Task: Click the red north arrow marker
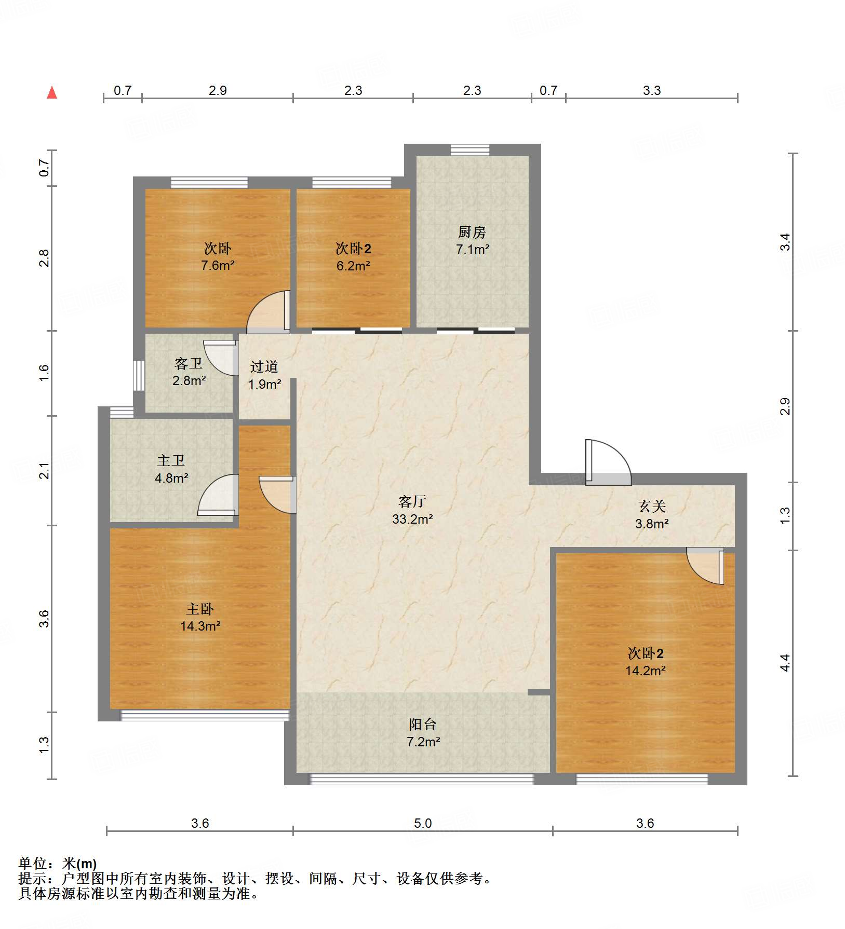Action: click(52, 93)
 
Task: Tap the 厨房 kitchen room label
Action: click(472, 232)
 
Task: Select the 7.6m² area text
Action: click(218, 266)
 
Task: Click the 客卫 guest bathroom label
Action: click(188, 363)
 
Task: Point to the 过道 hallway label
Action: click(264, 367)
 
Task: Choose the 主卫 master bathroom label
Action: click(171, 460)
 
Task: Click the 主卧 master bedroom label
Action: click(200, 609)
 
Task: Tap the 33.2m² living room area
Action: click(412, 518)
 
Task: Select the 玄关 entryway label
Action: click(652, 506)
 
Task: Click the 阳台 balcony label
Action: click(422, 725)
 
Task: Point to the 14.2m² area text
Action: click(645, 671)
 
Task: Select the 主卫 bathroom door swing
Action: click(218, 496)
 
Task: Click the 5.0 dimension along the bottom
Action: click(423, 823)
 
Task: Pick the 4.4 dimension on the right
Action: click(785, 663)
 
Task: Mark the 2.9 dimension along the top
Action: click(218, 90)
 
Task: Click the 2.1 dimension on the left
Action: click(45, 471)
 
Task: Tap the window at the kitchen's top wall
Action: click(470, 150)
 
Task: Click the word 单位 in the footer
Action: click(33, 863)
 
